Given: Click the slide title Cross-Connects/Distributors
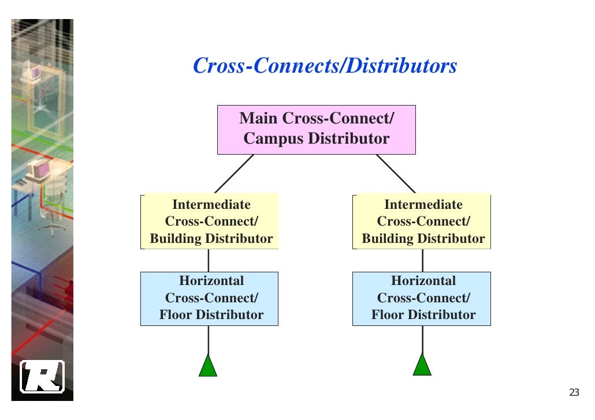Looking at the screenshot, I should (x=325, y=66).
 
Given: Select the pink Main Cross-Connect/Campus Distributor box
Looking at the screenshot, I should (x=316, y=129).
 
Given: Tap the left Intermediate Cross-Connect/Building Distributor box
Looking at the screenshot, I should (x=209, y=222).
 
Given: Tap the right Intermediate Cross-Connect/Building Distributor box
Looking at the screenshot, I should (x=422, y=222).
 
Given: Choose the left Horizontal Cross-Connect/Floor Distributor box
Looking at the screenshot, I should (x=209, y=298).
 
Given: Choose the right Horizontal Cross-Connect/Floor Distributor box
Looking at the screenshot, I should (x=422, y=298).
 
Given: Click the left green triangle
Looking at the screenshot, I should (x=208, y=367).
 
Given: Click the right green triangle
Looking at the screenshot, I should (x=422, y=366).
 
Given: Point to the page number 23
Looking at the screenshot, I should (x=574, y=393).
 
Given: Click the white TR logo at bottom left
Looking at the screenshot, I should (x=42, y=377).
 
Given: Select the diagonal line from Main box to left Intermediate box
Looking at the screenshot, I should (x=234, y=174).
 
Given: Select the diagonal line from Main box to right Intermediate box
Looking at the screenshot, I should (x=396, y=174).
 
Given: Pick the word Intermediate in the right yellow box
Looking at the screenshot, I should (x=423, y=205).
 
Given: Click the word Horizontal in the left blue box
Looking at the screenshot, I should (x=211, y=281).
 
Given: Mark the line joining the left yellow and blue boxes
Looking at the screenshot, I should (x=209, y=260).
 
